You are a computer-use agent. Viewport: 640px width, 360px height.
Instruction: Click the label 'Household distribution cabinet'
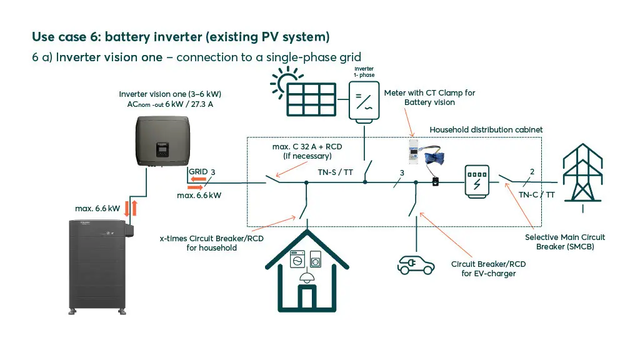pos(486,129)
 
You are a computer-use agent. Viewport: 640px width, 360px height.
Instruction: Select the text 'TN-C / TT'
pos(536,194)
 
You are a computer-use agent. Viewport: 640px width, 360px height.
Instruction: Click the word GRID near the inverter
pos(198,171)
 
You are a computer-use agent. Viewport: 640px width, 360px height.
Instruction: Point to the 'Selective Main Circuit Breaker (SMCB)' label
pos(564,242)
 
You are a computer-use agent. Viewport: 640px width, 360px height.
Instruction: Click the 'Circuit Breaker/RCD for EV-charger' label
pos(488,269)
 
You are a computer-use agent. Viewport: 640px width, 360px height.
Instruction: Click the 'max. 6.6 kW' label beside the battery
pos(97,208)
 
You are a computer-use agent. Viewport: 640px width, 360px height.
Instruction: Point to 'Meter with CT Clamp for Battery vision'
pos(429,97)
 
